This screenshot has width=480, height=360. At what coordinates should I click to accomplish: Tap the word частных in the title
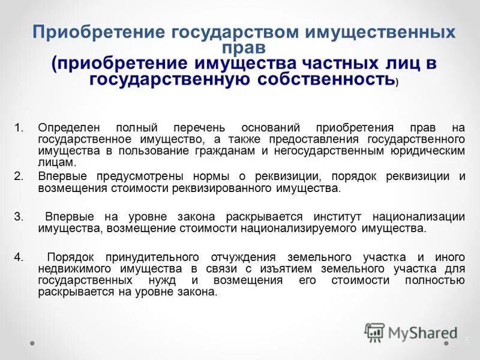click(308, 63)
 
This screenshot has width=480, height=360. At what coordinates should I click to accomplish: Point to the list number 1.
click(19, 128)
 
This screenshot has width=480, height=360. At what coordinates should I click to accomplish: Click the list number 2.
click(19, 176)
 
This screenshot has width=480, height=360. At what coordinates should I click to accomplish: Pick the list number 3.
click(19, 216)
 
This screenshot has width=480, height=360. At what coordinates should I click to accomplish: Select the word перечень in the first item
click(202, 128)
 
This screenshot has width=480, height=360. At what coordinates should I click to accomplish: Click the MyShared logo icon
click(375, 331)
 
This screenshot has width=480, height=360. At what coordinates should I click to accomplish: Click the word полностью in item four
click(435, 280)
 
